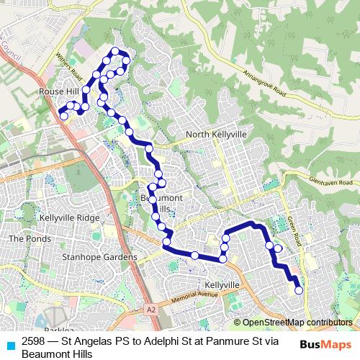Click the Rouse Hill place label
click(58, 91)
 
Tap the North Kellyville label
click(216, 135)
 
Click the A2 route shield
click(150, 309)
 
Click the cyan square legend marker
click(10, 345)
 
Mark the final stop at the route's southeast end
click(298, 290)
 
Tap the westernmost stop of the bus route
click(63, 116)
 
